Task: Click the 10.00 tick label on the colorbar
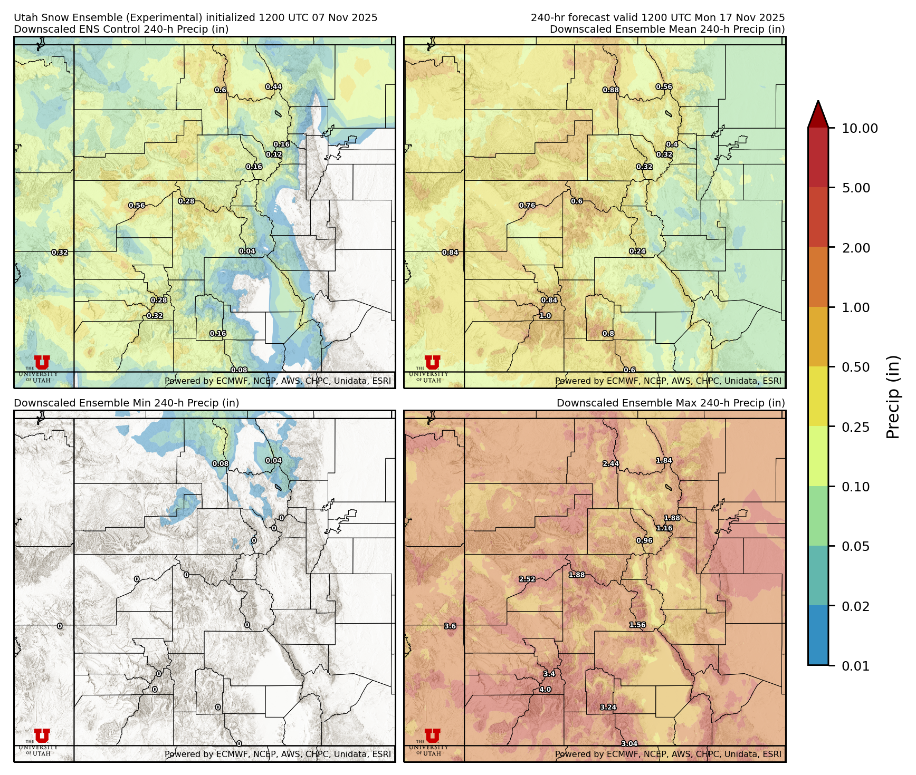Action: click(x=860, y=128)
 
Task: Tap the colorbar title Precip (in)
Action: click(x=893, y=397)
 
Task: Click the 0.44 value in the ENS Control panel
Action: click(x=273, y=87)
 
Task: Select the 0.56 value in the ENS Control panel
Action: click(x=137, y=206)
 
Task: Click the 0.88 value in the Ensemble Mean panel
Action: click(x=611, y=90)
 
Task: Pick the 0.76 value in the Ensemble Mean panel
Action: click(x=527, y=206)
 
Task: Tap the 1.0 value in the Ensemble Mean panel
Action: click(x=545, y=316)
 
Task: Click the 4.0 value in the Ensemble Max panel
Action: click(x=545, y=690)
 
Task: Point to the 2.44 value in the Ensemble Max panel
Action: click(x=611, y=464)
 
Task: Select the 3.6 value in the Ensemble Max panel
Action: click(x=450, y=626)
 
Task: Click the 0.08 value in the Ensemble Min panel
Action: click(x=221, y=464)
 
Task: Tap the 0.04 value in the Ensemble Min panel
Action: click(x=273, y=461)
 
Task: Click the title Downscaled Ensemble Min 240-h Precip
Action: click(x=126, y=403)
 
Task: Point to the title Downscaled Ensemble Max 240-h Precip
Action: click(x=671, y=403)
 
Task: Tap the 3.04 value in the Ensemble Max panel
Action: click(x=629, y=744)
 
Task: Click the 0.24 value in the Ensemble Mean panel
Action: click(x=637, y=251)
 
